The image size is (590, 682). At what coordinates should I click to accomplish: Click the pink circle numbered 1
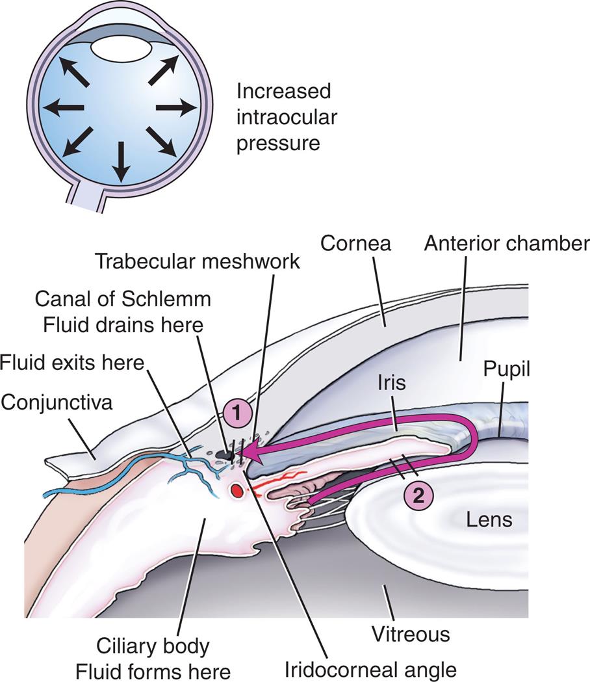pyautogui.click(x=238, y=412)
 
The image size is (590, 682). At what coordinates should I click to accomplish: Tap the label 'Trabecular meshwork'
pyautogui.click(x=198, y=261)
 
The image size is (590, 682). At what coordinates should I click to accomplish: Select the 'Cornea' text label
pyautogui.click(x=357, y=243)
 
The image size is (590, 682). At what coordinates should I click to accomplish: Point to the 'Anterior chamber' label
pyautogui.click(x=506, y=243)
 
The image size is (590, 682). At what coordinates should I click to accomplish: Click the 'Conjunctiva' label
pyautogui.click(x=57, y=402)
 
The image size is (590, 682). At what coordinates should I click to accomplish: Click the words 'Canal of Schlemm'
pyautogui.click(x=122, y=300)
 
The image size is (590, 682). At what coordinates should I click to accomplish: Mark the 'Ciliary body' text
pyautogui.click(x=153, y=646)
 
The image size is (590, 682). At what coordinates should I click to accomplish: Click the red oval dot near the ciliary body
pyautogui.click(x=237, y=490)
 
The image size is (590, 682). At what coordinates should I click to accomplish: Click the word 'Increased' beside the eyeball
pyautogui.click(x=283, y=91)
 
